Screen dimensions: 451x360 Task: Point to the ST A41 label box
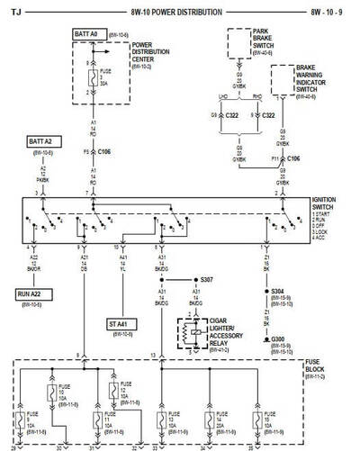click(x=113, y=323)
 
